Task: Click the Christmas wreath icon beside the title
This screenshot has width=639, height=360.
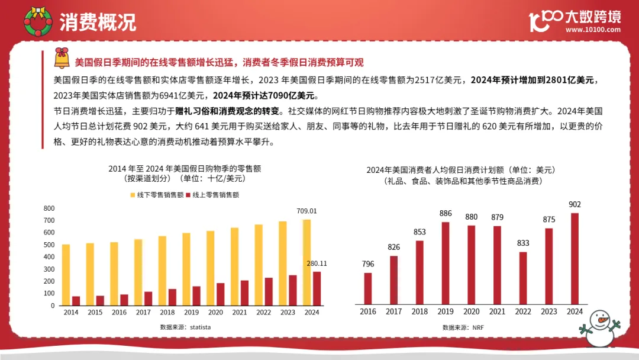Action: (37, 20)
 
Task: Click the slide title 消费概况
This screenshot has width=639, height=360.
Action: (98, 21)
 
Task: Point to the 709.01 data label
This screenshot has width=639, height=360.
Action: (306, 211)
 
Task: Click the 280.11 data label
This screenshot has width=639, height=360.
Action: (317, 263)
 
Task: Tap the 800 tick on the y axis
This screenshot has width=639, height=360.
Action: (49, 208)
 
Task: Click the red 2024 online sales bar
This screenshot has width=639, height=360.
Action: (317, 288)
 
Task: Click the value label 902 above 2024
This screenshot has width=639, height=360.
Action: (574, 205)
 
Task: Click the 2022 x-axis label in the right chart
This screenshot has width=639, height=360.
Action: (522, 311)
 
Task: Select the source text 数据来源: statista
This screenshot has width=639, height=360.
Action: (185, 327)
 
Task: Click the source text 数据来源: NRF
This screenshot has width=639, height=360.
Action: (463, 327)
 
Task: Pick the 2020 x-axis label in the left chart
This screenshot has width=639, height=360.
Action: (215, 312)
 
